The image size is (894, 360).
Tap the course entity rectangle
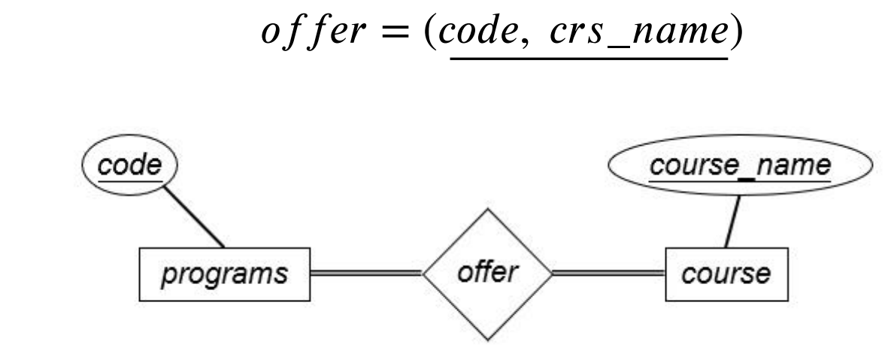(726, 273)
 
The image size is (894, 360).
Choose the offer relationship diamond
(487, 273)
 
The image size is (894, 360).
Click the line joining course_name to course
(732, 219)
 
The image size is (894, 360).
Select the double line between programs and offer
(366, 273)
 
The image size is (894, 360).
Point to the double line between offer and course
(608, 273)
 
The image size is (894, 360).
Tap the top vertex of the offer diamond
(487, 210)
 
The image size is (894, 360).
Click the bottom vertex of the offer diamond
(487, 340)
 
